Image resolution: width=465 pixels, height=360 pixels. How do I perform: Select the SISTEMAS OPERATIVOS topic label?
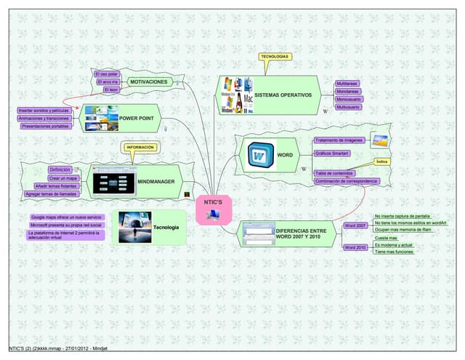(x=283, y=95)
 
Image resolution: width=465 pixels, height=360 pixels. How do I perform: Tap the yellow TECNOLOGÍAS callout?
(x=275, y=57)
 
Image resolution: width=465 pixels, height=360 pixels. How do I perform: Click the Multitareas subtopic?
(x=347, y=84)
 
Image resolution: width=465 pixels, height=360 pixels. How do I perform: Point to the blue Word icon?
(x=258, y=155)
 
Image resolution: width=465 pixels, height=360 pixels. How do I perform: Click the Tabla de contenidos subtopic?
(x=334, y=173)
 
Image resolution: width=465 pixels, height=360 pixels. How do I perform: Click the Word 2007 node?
(x=355, y=226)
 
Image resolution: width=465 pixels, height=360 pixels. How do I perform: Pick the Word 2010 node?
(x=355, y=248)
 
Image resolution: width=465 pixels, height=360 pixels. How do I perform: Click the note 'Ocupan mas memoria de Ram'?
(x=403, y=230)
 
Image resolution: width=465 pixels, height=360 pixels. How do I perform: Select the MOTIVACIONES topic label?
(x=148, y=82)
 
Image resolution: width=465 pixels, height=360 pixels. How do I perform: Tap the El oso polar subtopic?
(x=108, y=74)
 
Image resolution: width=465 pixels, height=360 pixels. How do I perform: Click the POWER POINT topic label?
(x=137, y=118)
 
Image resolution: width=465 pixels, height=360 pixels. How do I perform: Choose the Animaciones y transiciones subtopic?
(x=44, y=118)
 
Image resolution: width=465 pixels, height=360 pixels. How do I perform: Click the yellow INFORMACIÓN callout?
(x=139, y=147)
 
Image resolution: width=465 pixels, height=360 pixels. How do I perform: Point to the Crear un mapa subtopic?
(x=62, y=177)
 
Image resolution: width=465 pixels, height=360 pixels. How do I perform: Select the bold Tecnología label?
(x=166, y=228)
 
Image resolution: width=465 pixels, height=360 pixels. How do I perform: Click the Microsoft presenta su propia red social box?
(x=65, y=225)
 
